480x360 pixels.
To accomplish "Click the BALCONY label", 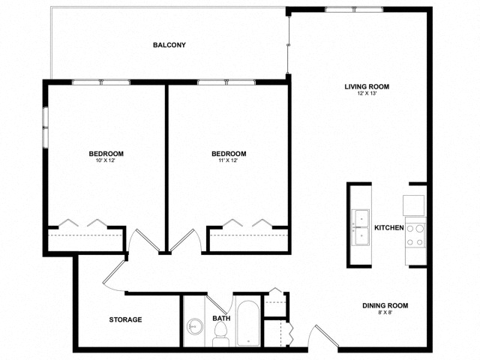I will [x=169, y=45].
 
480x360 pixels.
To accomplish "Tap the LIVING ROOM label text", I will [x=367, y=86].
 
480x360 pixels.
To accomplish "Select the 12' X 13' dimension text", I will [x=367, y=94].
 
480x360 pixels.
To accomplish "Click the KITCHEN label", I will [x=389, y=227].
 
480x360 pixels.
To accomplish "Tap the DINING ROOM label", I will [x=385, y=305].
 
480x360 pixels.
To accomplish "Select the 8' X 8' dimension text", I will [x=385, y=313].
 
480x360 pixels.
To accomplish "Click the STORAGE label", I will [x=125, y=319].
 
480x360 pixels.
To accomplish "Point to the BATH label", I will [x=221, y=319].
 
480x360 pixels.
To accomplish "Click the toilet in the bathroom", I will [x=220, y=340].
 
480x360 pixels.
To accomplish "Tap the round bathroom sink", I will [x=196, y=327].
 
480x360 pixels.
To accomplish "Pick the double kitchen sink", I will [x=361, y=226].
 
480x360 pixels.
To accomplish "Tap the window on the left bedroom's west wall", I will [x=46, y=127].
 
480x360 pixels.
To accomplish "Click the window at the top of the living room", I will [x=354, y=10].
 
